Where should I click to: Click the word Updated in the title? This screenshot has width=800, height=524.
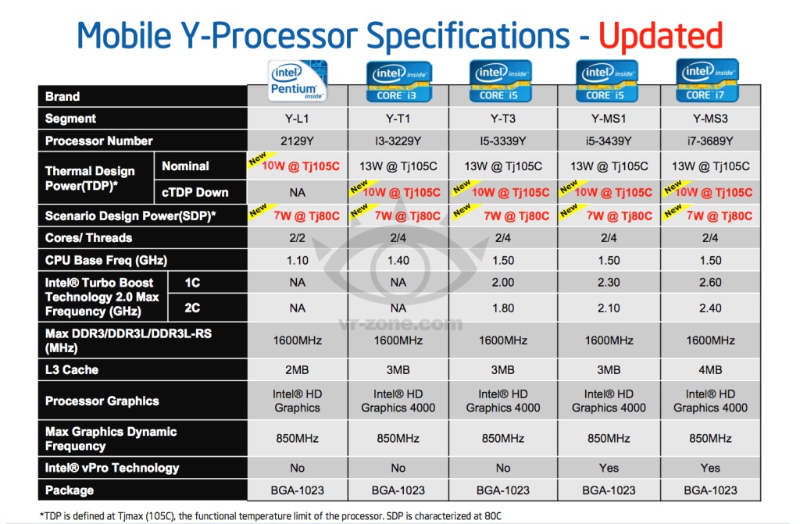(660, 36)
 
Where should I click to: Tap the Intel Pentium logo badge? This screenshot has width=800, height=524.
(297, 81)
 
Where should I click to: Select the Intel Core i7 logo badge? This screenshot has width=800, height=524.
(710, 81)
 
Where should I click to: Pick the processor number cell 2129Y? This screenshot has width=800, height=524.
(297, 141)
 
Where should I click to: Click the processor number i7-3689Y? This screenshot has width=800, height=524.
(710, 141)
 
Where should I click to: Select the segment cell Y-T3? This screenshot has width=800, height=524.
(503, 119)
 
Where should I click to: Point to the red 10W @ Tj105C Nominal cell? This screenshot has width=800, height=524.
(302, 166)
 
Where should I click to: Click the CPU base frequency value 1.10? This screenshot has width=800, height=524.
(297, 260)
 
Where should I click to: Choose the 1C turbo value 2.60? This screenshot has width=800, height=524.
(710, 283)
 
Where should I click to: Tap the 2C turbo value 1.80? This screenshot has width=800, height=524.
(503, 308)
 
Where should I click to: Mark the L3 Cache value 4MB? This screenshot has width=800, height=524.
(710, 369)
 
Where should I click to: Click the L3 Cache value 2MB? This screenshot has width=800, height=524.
(297, 369)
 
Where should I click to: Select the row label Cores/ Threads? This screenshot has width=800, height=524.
(88, 238)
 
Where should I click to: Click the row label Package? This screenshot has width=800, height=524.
(70, 490)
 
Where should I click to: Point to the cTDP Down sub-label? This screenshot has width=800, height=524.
(195, 193)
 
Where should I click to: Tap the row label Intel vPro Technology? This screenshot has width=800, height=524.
(112, 468)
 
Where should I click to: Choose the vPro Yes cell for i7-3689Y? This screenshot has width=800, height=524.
(710, 468)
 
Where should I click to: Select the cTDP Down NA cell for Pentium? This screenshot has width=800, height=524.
(297, 193)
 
